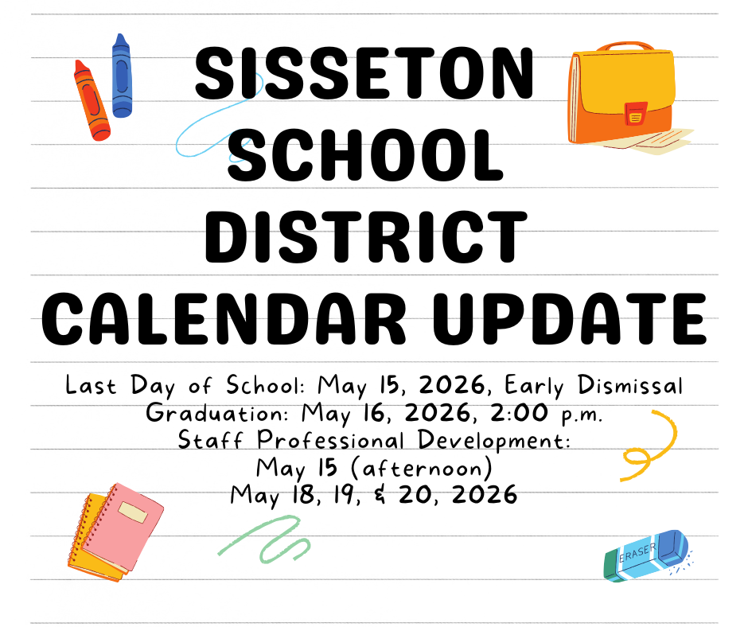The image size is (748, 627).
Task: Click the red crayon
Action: (x=92, y=101)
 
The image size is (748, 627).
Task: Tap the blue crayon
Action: (x=121, y=76)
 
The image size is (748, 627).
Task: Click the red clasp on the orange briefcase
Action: (x=635, y=113)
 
